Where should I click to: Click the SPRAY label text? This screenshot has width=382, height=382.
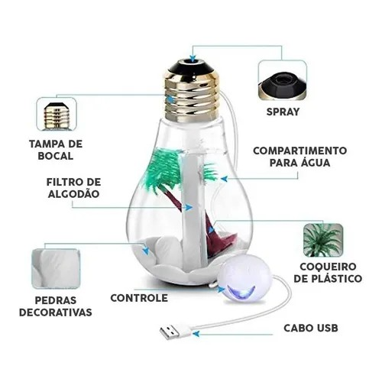point(283,112)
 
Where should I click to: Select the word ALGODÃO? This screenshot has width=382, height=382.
point(73,194)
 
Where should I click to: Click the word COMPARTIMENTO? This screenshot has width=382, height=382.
point(300,151)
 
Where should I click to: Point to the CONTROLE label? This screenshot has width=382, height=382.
point(139,298)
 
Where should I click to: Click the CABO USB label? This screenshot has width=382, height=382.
point(311,328)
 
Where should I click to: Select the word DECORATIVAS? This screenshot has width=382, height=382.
point(56,312)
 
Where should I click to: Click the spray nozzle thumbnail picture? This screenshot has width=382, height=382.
point(282,80)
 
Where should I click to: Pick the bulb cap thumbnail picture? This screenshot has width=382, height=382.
point(57,115)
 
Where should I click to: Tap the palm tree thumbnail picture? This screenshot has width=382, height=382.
point(323,240)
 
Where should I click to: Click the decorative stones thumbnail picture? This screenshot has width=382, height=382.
point(56,268)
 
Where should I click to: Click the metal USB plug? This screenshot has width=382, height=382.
point(170,332)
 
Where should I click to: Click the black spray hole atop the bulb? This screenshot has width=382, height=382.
point(193,60)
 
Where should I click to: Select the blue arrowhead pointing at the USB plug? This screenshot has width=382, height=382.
point(196,333)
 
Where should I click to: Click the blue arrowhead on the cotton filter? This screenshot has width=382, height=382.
point(189,207)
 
